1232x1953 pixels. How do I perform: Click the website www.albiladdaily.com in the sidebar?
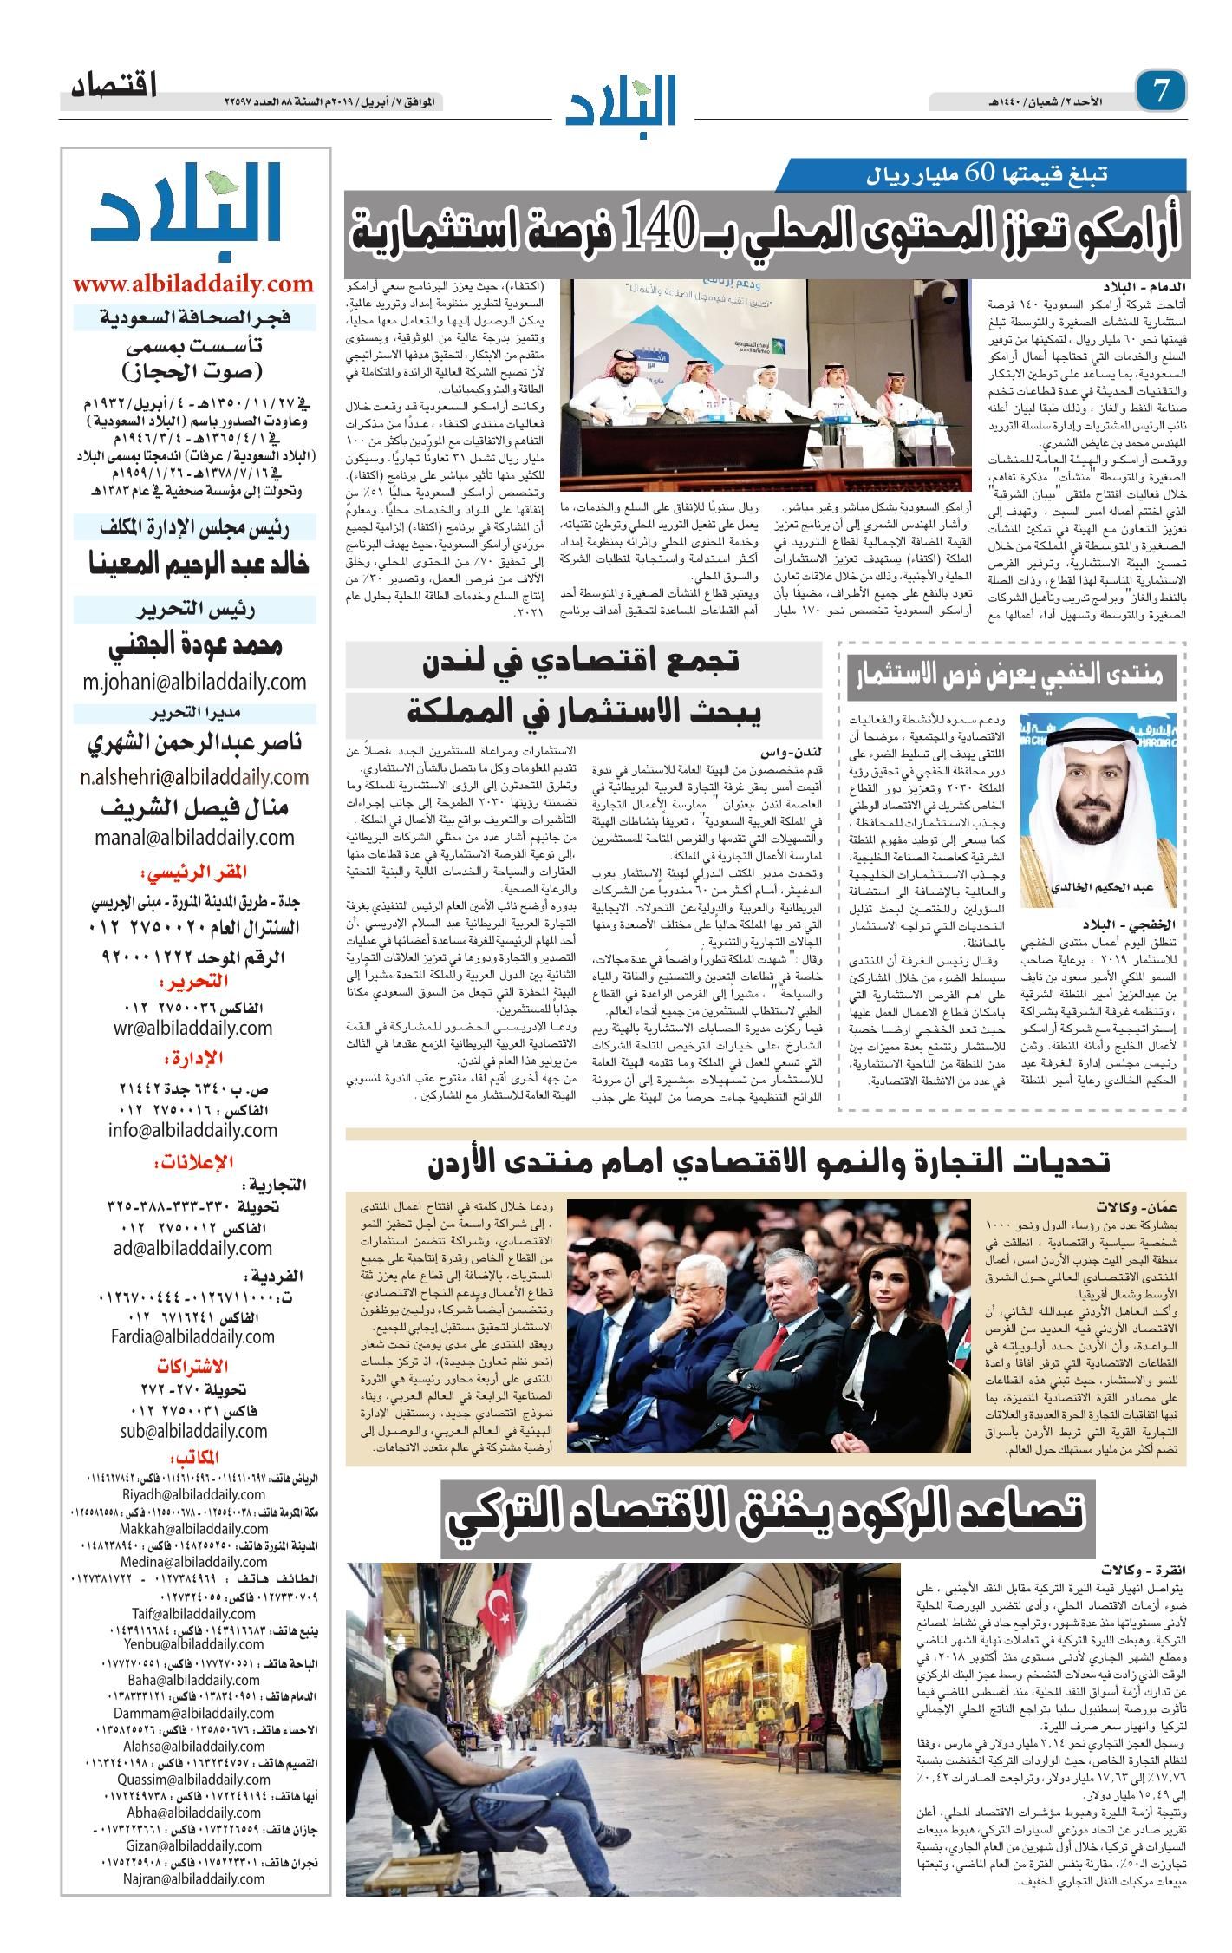pos(193,284)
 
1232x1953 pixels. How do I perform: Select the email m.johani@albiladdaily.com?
pos(194,682)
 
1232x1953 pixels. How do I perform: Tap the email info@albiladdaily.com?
pos(193,1130)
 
